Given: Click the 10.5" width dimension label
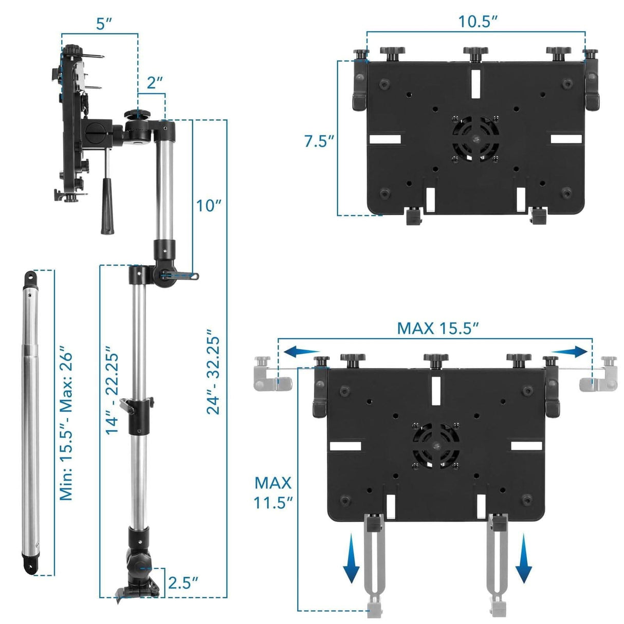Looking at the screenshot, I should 478,22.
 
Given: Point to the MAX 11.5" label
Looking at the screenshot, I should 273,492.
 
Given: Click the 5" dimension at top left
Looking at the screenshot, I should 104,24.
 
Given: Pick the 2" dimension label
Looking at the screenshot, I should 155,83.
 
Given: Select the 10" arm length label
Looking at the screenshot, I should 209,205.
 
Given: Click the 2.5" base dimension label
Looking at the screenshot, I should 183,583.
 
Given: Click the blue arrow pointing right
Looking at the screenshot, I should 571,352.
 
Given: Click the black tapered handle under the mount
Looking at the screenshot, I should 107,206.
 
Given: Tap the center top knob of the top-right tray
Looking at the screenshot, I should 475,53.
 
